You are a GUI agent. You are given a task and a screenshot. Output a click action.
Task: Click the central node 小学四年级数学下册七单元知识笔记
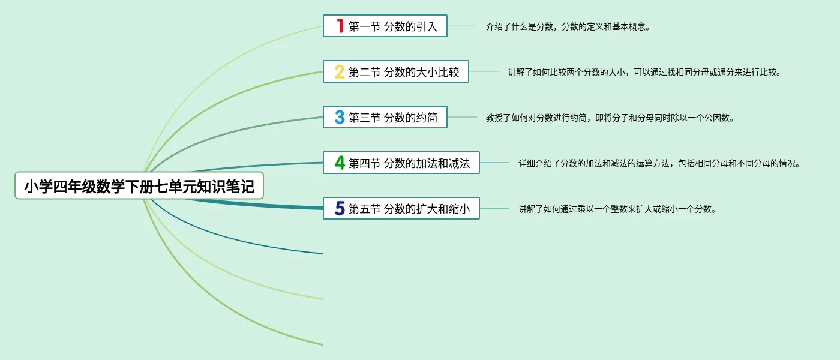(139, 187)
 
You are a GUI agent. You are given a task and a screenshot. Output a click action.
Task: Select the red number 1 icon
(340, 26)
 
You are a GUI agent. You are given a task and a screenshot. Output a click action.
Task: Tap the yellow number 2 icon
(340, 72)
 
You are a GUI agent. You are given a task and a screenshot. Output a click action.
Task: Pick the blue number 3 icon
(340, 118)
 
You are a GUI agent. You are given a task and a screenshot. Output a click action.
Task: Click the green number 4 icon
(340, 163)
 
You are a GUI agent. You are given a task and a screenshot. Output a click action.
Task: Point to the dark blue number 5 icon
(340, 208)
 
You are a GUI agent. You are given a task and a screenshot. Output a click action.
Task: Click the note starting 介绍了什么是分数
(568, 26)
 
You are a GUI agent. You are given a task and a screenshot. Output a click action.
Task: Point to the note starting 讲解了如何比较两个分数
(644, 72)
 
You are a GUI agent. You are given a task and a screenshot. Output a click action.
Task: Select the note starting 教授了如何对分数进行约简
(610, 118)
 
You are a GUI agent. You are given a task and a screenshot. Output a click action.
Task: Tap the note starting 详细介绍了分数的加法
(659, 163)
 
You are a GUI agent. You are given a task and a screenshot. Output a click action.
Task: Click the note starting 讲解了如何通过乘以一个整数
(617, 209)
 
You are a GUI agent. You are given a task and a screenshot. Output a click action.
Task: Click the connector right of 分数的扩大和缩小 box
(494, 208)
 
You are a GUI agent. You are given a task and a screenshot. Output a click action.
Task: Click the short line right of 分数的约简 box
(462, 118)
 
